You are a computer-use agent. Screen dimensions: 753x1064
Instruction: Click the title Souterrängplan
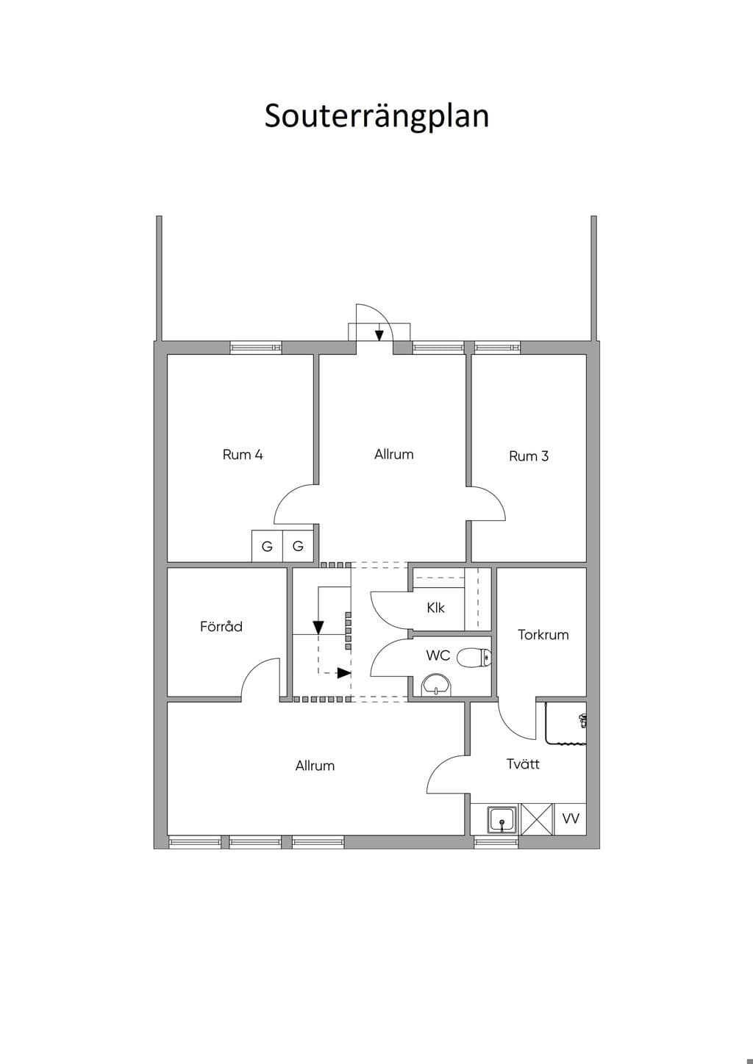click(x=376, y=116)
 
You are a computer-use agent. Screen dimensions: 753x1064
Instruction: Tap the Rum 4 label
click(x=243, y=455)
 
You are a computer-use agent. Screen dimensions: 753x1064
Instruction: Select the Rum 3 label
click(x=529, y=456)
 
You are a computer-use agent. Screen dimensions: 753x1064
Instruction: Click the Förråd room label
click(x=221, y=626)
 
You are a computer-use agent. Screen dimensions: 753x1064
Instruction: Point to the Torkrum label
click(x=543, y=635)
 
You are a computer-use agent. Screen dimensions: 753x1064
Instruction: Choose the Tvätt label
click(x=523, y=763)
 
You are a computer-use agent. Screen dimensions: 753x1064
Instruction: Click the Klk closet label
click(x=435, y=607)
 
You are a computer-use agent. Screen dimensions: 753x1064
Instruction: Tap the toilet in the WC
click(x=474, y=658)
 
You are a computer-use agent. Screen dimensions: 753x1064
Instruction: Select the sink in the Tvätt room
click(x=502, y=819)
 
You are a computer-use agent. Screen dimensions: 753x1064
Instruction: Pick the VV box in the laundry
click(x=571, y=819)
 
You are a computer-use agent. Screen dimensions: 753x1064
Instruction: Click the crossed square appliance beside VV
click(x=538, y=819)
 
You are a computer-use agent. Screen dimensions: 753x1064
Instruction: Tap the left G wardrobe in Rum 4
click(x=267, y=546)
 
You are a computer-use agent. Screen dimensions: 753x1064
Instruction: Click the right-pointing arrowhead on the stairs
click(x=344, y=672)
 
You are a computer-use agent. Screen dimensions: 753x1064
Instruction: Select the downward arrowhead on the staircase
click(x=318, y=628)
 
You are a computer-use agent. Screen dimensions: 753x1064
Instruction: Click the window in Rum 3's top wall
click(x=497, y=348)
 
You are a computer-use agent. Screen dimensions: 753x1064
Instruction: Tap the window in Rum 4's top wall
click(x=256, y=348)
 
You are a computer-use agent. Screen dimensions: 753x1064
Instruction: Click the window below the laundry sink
click(x=496, y=842)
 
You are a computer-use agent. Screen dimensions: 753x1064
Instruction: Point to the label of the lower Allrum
click(x=315, y=766)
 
